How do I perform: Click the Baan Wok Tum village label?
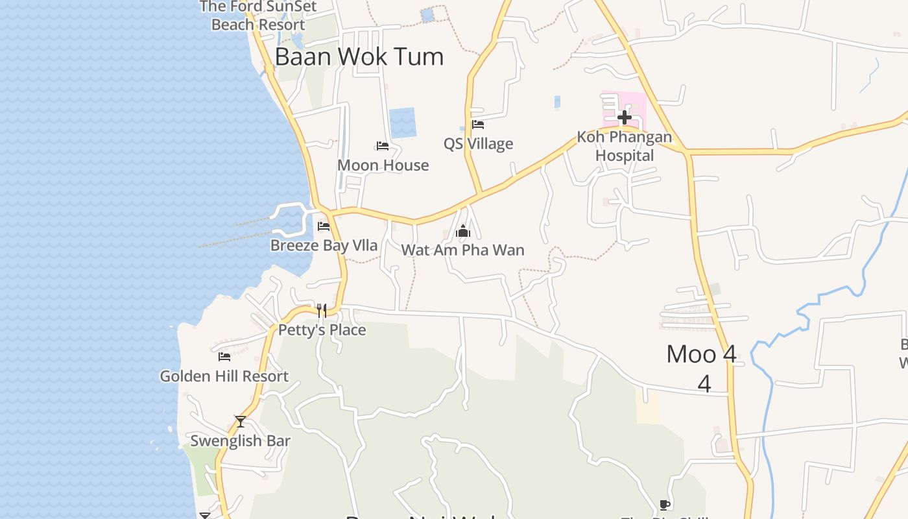coord(359,57)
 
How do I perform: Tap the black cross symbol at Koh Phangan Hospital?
coord(624,117)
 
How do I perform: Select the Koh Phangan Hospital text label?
coord(625,147)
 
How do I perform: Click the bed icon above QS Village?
coord(478,125)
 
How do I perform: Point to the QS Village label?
coord(478,144)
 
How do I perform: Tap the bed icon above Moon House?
coord(383,146)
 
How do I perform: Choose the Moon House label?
coord(383,165)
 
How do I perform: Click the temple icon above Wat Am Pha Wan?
coord(462,231)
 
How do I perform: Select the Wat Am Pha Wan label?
coord(462,250)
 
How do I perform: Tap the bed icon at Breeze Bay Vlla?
coord(324,226)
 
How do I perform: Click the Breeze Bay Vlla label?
coord(324,246)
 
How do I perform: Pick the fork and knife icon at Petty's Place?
coord(322,311)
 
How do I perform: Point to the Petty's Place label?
coord(322,330)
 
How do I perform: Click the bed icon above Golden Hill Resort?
coord(224,357)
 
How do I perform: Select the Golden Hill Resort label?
coord(224,376)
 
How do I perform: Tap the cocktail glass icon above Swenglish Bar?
coord(241,422)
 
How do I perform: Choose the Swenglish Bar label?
coord(241,441)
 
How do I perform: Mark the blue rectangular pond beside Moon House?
coord(402,123)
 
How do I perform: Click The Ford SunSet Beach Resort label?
coord(258,16)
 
